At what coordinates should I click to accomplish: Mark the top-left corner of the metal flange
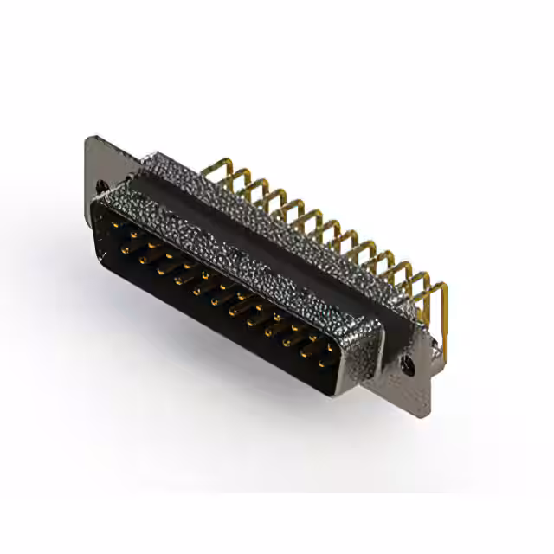(88, 138)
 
